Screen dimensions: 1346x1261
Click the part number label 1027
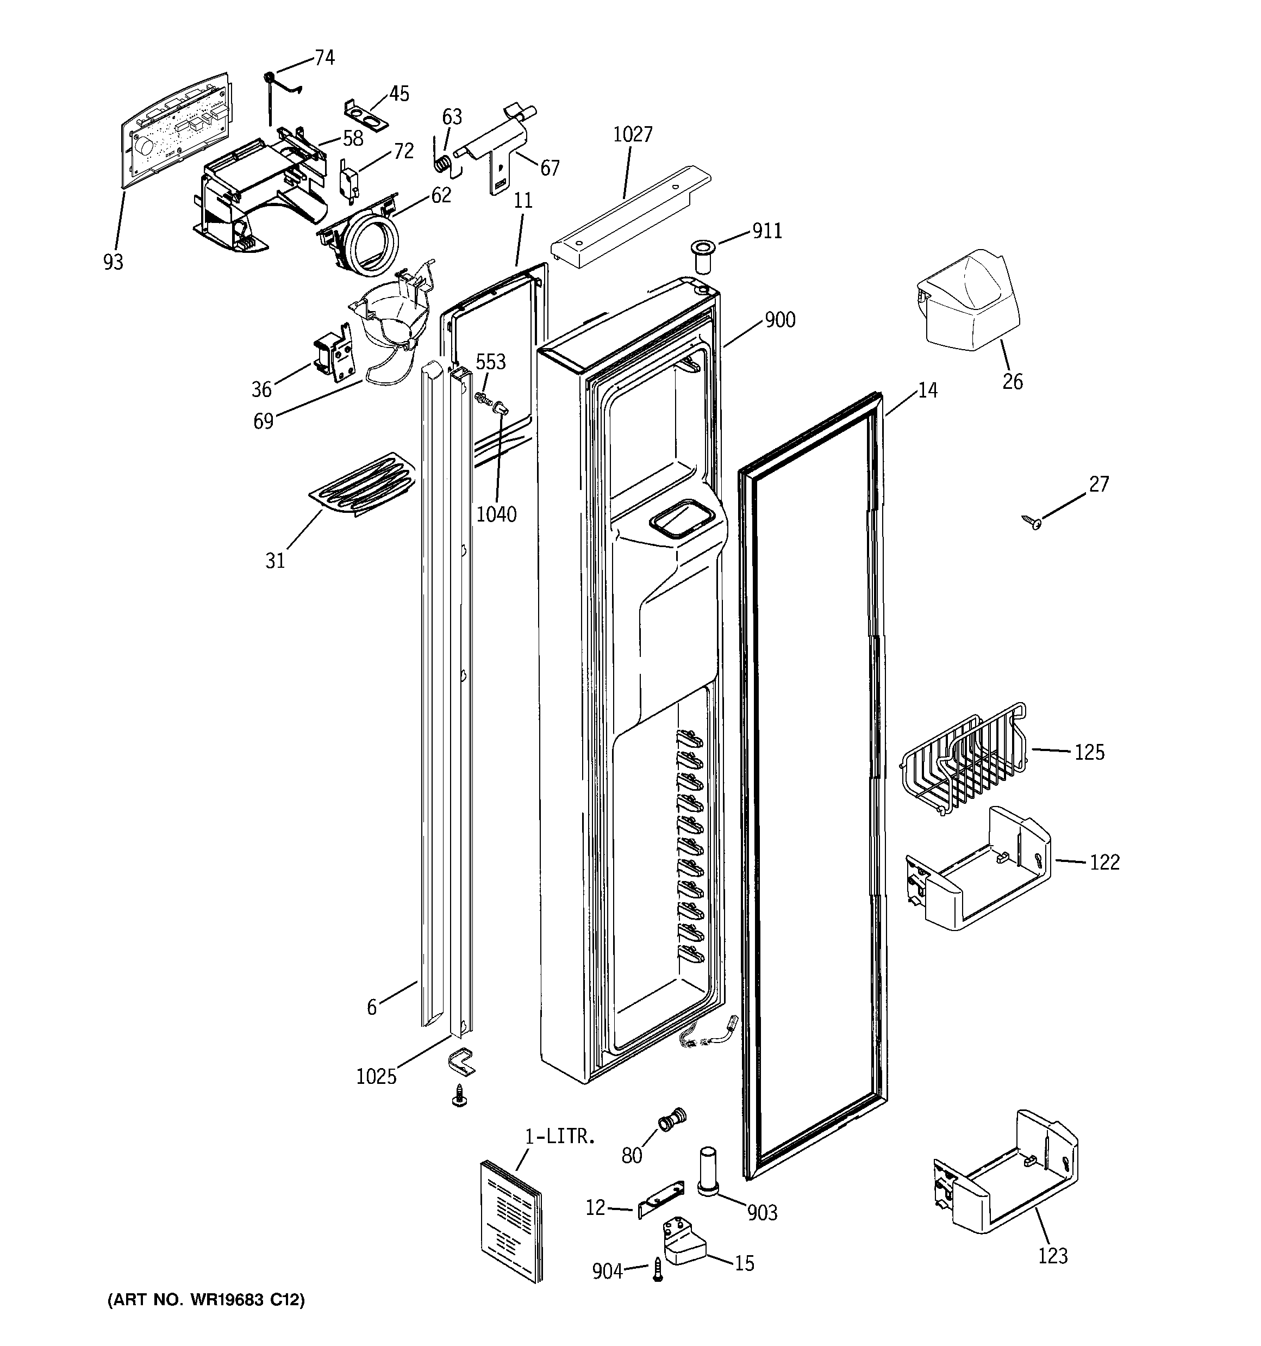632,135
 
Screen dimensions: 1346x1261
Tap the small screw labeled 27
1032,522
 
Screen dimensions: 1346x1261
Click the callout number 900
780,320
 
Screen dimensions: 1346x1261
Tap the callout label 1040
496,514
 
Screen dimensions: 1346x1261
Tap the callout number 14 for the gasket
927,390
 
